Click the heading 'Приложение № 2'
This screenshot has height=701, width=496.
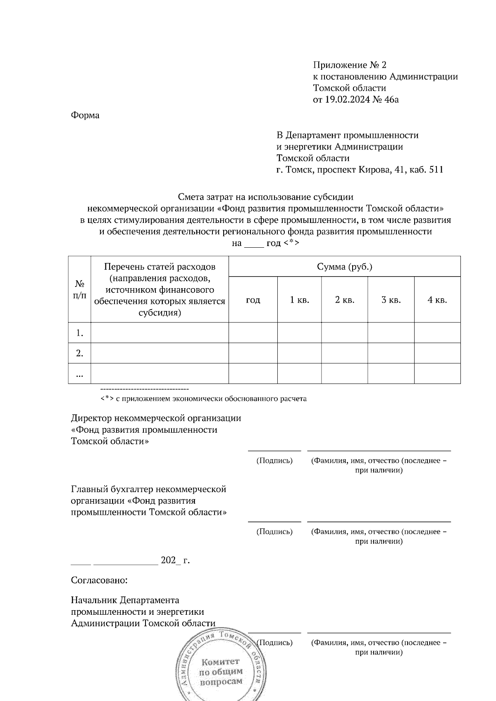[350, 65]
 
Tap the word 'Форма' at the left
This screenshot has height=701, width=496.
[85, 115]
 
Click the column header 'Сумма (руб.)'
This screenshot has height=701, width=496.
[344, 267]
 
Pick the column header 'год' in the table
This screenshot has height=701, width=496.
[253, 300]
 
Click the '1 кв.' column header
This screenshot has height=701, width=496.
[299, 300]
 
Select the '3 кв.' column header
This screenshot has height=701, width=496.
[391, 300]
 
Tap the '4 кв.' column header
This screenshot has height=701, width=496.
[437, 300]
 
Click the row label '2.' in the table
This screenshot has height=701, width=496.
[80, 353]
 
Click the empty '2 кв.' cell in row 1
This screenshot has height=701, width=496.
[344, 333]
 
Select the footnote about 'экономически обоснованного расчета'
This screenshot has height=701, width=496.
[203, 399]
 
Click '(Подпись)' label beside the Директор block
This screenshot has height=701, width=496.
[274, 461]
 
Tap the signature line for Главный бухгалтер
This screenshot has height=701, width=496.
[274, 521]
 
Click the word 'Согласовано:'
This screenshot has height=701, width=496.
[99, 580]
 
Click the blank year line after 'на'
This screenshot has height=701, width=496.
[254, 244]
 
